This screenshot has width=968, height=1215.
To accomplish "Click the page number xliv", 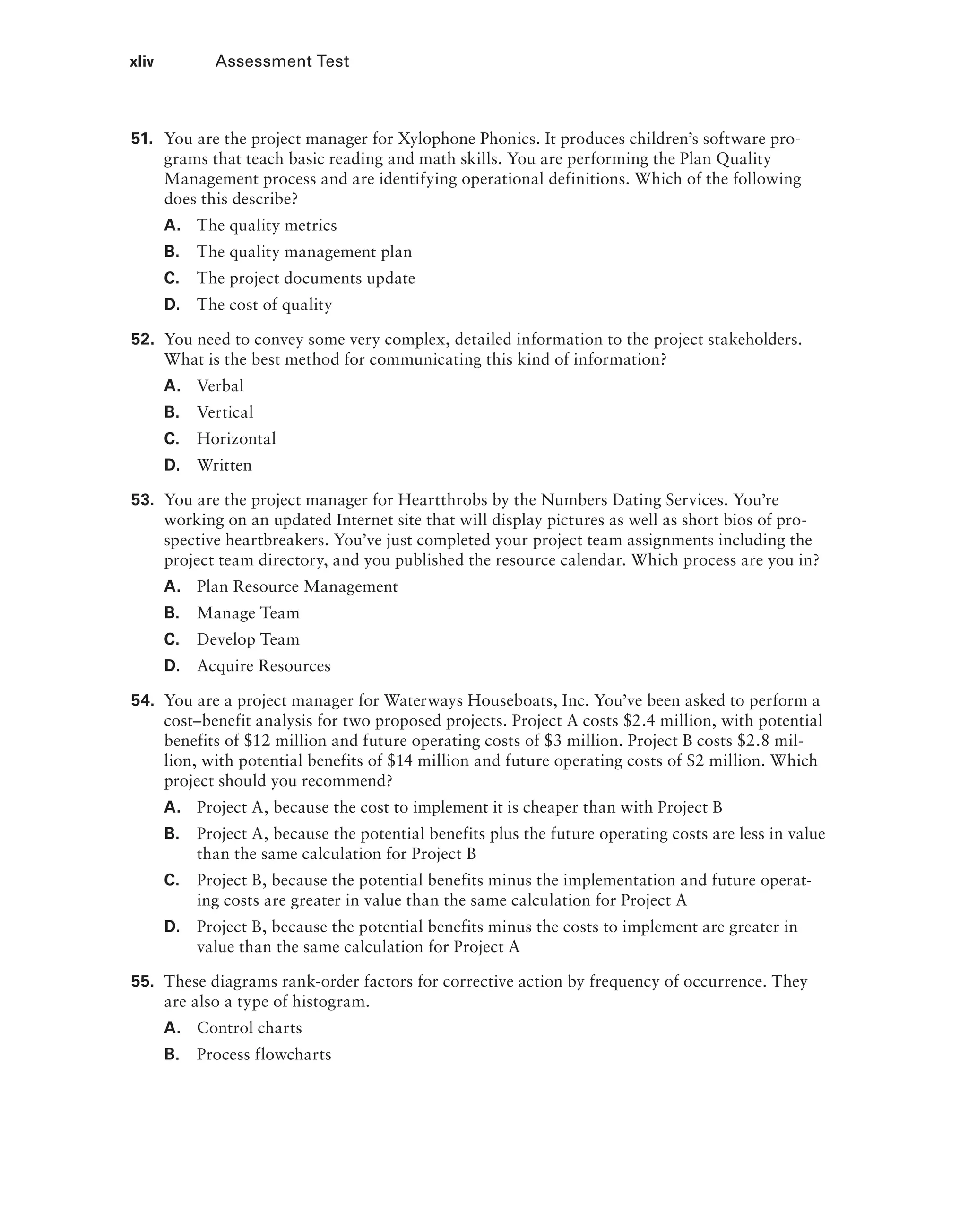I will pyautogui.click(x=141, y=61).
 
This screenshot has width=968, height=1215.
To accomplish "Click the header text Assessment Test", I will pyautogui.click(x=282, y=61).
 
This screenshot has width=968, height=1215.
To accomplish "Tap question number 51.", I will pyautogui.click(x=142, y=139).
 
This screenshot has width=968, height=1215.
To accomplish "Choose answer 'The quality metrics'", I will pyautogui.click(x=267, y=226).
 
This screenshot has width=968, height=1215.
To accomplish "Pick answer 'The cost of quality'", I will pyautogui.click(x=264, y=305).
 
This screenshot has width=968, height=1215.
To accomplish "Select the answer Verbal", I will pyautogui.click(x=220, y=386).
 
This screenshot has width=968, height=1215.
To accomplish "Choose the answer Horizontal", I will pyautogui.click(x=236, y=439).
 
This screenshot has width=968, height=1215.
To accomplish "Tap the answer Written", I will pyautogui.click(x=224, y=465).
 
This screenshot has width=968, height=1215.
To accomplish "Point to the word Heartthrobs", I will pyautogui.click(x=442, y=500).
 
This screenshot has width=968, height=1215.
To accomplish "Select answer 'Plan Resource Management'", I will pyautogui.click(x=297, y=586).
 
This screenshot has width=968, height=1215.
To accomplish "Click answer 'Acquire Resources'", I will pyautogui.click(x=264, y=666).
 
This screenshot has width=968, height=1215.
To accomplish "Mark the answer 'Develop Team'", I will pyautogui.click(x=248, y=639).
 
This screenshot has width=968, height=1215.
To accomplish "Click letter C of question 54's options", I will pyautogui.click(x=172, y=880).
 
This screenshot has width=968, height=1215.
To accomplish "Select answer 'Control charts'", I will pyautogui.click(x=249, y=1028).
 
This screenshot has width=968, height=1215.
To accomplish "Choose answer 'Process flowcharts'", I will pyautogui.click(x=264, y=1054).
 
